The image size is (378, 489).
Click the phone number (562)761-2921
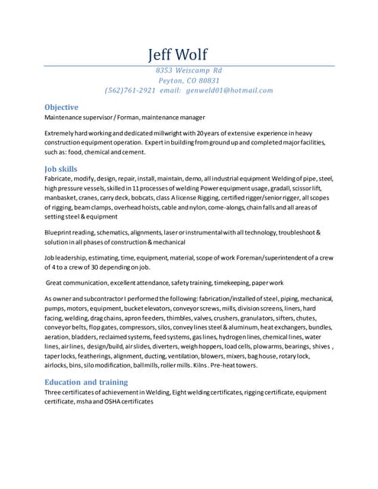point(131,90)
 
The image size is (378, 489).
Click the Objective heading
point(61,108)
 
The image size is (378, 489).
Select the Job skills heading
point(61,167)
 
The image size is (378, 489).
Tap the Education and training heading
point(86,382)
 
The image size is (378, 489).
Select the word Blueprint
point(60,232)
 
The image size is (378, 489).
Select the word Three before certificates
point(55,393)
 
